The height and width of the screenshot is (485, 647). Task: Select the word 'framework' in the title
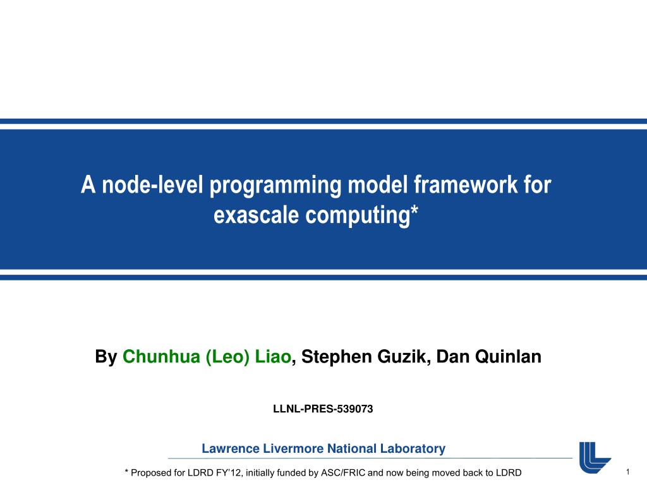point(465,184)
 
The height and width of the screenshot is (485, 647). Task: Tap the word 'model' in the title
point(378,184)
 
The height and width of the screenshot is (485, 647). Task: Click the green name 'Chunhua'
point(161,356)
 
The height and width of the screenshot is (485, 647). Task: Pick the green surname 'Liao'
point(273,356)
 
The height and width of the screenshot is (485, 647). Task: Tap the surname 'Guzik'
point(404,356)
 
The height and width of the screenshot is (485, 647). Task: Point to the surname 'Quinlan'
point(508,356)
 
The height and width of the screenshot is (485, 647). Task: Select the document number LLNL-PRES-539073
point(323,409)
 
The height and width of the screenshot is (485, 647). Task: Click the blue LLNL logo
point(595,457)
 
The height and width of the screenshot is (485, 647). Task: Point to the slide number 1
point(627,472)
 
